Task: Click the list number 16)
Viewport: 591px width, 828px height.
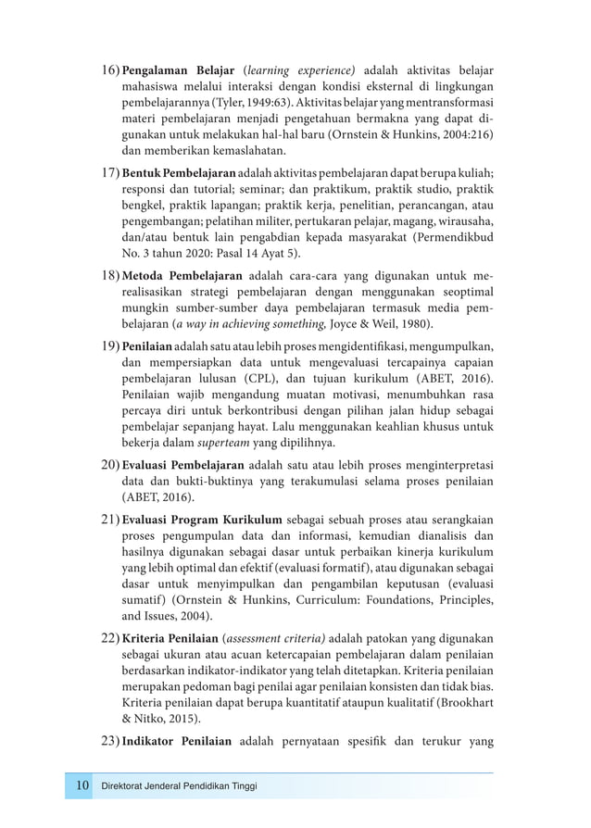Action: click(x=110, y=70)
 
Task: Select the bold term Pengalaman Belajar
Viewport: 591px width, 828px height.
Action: click(x=179, y=70)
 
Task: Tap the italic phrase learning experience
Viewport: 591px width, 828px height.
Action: click(x=299, y=70)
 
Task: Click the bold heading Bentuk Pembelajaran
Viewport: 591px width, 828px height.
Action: click(x=179, y=173)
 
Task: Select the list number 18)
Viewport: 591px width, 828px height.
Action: click(x=110, y=276)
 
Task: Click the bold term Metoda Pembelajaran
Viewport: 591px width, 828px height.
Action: click(x=182, y=276)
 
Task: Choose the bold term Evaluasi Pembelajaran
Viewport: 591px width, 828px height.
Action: click(x=183, y=465)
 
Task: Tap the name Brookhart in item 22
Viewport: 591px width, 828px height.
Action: click(x=462, y=705)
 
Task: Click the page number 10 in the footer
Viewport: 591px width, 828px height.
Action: click(x=82, y=786)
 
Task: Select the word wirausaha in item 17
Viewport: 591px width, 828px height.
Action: click(x=463, y=223)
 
